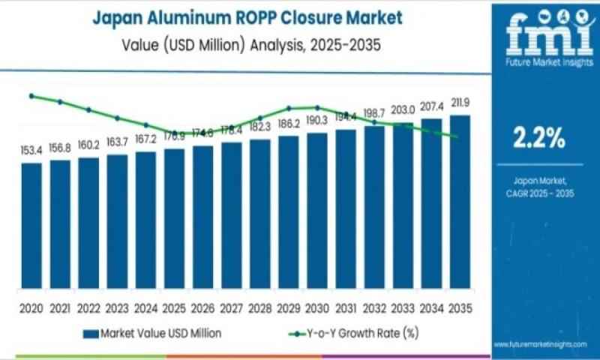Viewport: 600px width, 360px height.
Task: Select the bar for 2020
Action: (31, 225)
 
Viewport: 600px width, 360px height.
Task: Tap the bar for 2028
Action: (260, 214)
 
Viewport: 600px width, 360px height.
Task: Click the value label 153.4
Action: (31, 151)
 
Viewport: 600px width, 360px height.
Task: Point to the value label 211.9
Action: (460, 103)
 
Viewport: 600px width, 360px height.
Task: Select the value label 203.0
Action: (403, 109)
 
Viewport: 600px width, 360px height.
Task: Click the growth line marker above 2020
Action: (31, 96)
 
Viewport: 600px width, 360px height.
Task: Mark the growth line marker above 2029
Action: (289, 108)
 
